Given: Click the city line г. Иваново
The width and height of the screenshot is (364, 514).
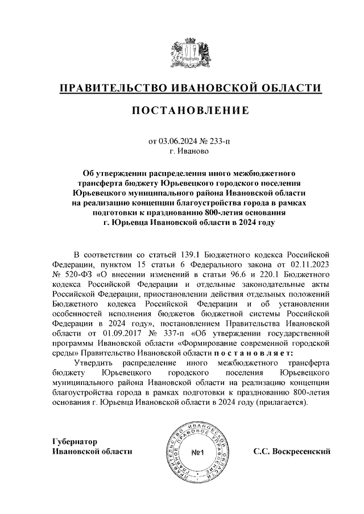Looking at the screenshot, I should coord(190,152).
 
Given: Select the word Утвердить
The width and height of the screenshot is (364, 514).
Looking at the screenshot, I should coord(94,365).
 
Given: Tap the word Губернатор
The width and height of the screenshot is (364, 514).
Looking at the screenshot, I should coord(75,441).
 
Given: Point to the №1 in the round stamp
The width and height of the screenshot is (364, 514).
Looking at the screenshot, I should coord(199,453).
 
